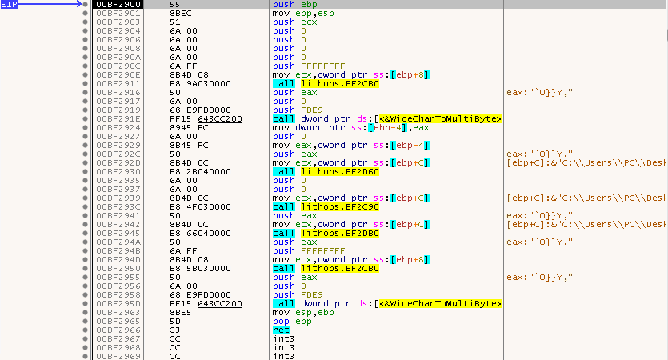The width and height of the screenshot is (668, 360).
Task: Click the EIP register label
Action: click(x=10, y=5)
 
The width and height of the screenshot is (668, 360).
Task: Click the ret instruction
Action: click(x=279, y=330)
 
